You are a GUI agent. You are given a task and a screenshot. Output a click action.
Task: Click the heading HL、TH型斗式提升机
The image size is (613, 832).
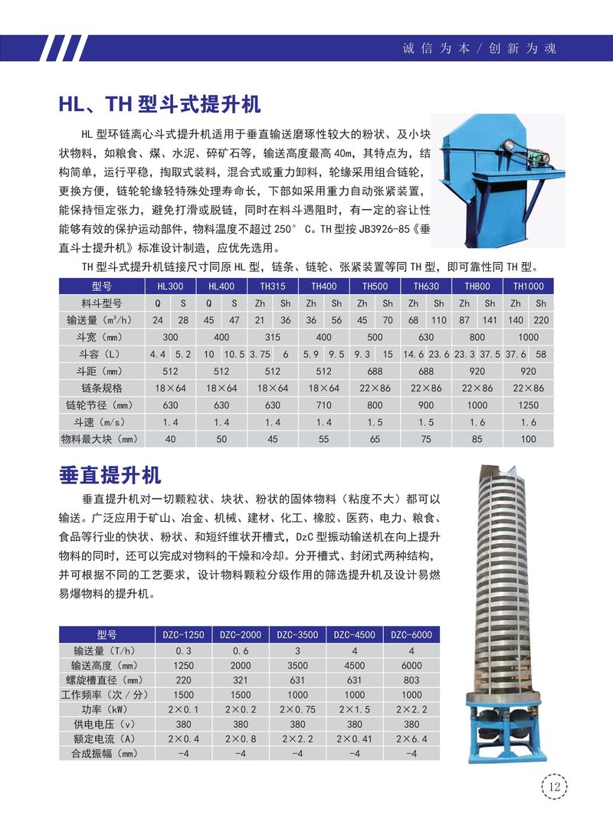[160, 103]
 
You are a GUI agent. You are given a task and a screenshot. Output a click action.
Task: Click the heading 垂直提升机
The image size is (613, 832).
[110, 476]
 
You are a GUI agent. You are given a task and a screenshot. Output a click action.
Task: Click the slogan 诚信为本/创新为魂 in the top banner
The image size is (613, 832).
[479, 48]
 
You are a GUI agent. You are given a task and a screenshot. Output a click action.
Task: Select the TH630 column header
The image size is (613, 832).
[426, 286]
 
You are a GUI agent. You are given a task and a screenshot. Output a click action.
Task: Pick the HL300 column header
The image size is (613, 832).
[170, 286]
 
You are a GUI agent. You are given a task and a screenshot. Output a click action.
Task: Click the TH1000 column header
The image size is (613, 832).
[528, 286]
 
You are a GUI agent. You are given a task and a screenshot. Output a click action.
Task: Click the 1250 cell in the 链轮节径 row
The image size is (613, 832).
[528, 405]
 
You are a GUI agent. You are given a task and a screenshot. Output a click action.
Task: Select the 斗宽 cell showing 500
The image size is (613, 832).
[375, 337]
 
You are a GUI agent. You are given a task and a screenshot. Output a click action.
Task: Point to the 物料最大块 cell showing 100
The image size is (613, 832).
[528, 439]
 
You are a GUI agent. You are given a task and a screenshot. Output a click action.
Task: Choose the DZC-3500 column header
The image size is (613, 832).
[297, 634]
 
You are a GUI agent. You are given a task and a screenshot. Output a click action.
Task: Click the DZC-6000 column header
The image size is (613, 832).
[411, 634]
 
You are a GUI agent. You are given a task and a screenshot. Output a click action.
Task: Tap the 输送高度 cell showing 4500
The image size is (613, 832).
[355, 665]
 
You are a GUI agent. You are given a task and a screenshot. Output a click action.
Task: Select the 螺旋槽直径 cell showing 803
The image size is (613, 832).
[411, 680]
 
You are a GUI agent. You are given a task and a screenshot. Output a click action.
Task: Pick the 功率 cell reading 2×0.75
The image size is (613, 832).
[297, 709]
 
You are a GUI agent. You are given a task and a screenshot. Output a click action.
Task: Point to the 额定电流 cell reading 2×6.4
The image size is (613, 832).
[411, 739]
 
